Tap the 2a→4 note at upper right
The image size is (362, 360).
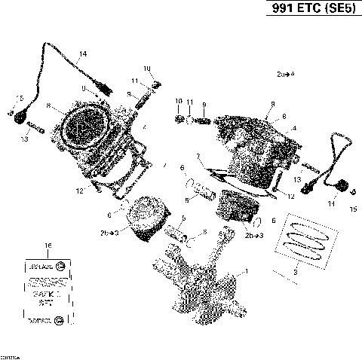pyautogui.click(x=285, y=74)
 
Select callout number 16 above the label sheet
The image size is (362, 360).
pyautogui.click(x=48, y=246)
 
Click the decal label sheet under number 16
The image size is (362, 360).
pyautogui.click(x=47, y=292)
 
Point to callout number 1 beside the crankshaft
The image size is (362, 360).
pyautogui.click(x=243, y=270)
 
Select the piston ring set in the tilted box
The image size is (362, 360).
pyautogui.click(x=301, y=239)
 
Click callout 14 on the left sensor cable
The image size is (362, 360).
pyautogui.click(x=83, y=53)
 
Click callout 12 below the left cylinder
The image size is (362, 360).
pyautogui.click(x=100, y=192)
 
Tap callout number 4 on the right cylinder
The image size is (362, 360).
pyautogui.click(x=294, y=128)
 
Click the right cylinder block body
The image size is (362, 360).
pyautogui.click(x=249, y=151)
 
